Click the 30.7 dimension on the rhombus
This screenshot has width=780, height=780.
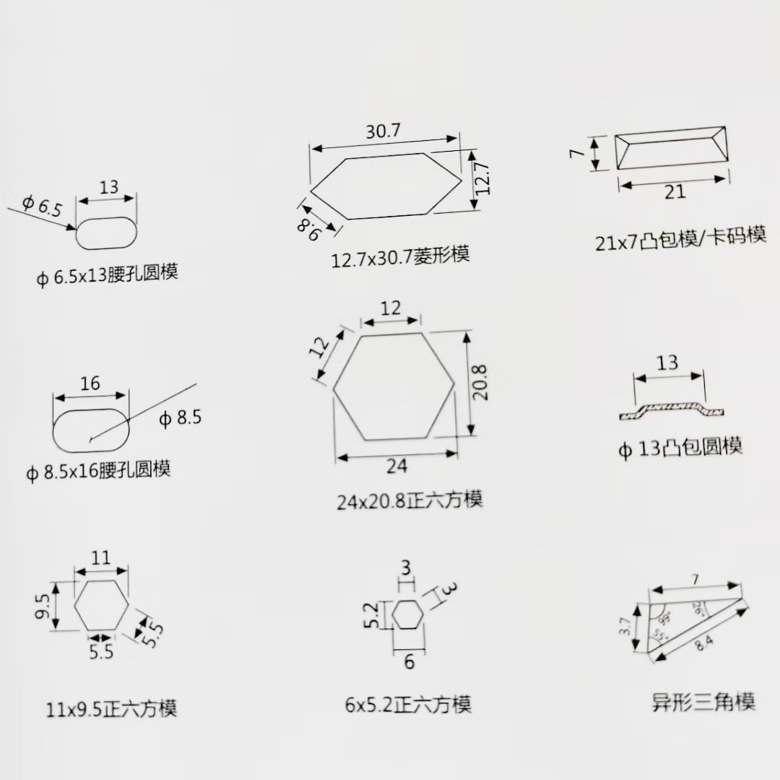pos(383,131)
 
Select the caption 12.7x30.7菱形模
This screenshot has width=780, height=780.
pos(400,256)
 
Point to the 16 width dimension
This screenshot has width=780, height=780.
pos(90,383)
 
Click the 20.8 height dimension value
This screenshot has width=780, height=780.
pos(481,383)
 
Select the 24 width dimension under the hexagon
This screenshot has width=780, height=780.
pos(396,467)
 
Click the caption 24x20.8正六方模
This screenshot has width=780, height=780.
pos(409,500)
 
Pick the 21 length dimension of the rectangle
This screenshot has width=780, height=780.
pos(674,192)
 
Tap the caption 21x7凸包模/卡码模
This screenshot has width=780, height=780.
pos(680,238)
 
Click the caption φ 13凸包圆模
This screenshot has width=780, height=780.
pos(680,448)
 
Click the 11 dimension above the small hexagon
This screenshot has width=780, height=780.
pos(101,558)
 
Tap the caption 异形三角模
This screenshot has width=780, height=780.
pos(703,701)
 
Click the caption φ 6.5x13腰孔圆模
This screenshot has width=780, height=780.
pos(108,274)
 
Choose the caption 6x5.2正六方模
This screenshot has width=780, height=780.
pos(408,704)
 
